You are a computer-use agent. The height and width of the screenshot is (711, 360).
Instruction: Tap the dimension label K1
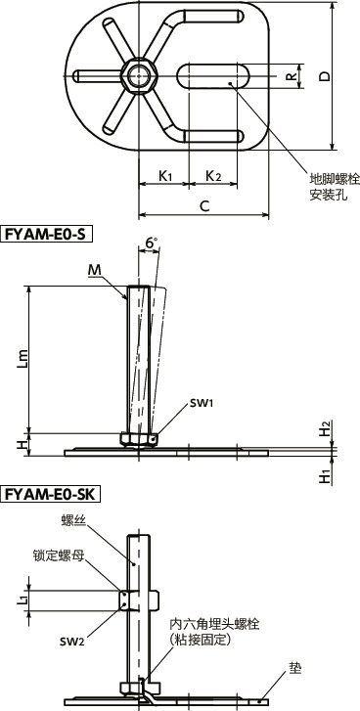point(165,177)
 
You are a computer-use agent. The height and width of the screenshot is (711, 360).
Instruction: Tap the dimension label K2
point(212,177)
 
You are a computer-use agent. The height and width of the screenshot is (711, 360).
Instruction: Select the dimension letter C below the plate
point(202,205)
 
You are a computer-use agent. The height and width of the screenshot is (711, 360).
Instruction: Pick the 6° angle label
point(150,242)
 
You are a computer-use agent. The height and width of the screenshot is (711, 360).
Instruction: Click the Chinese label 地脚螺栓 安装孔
point(335,187)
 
